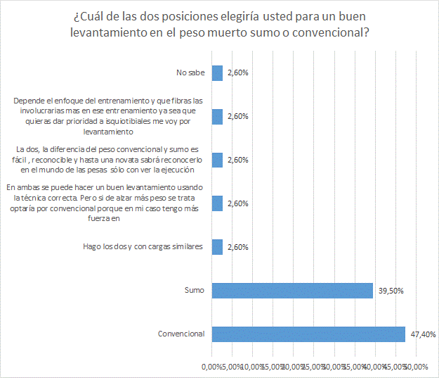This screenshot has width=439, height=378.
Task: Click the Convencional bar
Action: coord(308,334)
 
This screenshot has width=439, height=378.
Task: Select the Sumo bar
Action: coord(292,290)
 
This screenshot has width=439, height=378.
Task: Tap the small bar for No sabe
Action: coord(217,73)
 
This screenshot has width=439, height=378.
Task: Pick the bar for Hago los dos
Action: coord(217,246)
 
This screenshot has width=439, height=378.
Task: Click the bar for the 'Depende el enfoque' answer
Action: coord(217,116)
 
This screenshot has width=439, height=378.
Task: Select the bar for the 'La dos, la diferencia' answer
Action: coord(217,160)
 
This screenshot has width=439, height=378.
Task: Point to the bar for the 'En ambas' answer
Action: coord(217,203)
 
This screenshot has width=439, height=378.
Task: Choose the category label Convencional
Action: coord(181,334)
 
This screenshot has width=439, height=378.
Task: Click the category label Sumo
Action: coord(194,290)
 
